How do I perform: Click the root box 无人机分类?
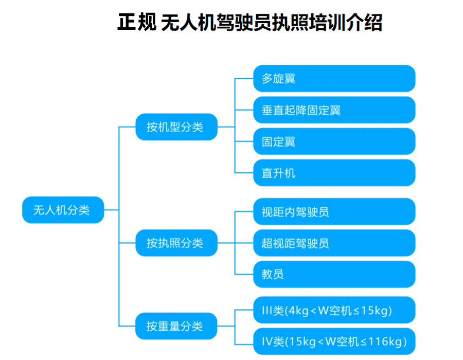[63, 210]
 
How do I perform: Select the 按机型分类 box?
[176, 127]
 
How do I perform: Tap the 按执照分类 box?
[176, 243]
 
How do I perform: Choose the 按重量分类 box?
[176, 326]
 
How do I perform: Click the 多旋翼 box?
[334, 79]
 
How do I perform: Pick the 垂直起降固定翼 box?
[334, 110]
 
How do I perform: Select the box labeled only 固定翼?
[334, 141]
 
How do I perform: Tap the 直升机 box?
[334, 173]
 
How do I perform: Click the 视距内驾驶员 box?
[334, 211]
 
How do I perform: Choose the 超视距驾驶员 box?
[334, 243]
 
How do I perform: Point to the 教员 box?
[334, 274]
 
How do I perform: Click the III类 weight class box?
[334, 310]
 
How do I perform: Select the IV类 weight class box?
[334, 341]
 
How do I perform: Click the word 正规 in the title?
[136, 23]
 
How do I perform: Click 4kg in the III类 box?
[300, 310]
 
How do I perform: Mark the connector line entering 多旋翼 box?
[244, 79]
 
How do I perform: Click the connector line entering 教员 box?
[244, 274]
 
